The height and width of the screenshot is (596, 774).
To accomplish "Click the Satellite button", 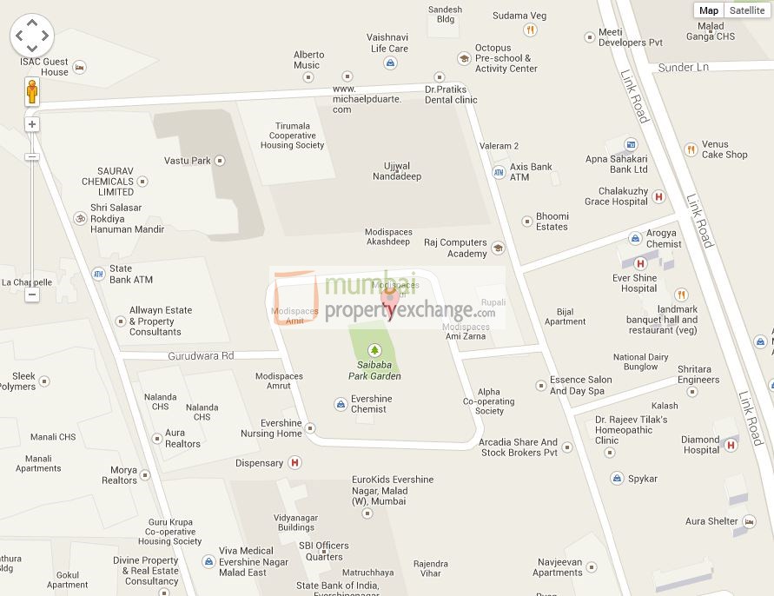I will pos(747,10).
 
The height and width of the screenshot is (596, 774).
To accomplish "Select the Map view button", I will pos(709,10).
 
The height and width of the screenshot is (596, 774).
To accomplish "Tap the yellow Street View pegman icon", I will pos(32,91).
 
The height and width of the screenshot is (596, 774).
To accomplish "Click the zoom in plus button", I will pos(32,124).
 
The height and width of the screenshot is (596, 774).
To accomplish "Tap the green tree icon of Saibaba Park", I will pos(375,350).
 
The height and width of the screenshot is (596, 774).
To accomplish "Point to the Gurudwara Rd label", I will pos(202,356).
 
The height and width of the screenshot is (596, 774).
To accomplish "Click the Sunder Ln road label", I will pos(684,68).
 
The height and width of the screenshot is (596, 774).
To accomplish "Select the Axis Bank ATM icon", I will pos(499,172).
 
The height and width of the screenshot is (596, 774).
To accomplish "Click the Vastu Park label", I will pos(188,161).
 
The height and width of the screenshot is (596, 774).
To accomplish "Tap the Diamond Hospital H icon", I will pos(731,445).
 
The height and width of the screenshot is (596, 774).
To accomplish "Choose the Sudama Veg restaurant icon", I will pos(530,30).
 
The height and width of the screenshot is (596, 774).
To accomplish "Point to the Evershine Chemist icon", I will pos(340,404).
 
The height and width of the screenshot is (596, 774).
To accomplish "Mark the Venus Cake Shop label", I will pos(724,149).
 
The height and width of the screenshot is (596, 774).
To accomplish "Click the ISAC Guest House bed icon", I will pos(80,67).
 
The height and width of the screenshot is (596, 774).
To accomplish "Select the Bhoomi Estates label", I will pos(552,222).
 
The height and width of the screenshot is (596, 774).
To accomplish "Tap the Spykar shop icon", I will pos(616,479).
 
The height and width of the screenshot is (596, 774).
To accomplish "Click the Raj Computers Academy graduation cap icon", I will pos(498,248).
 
